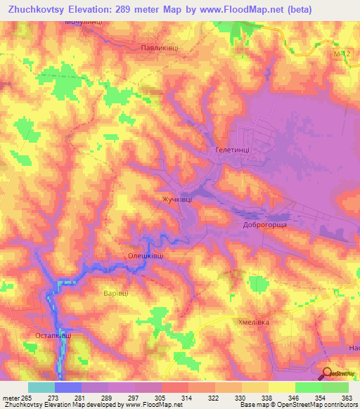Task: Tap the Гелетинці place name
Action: click(232, 150)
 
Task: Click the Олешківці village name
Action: click(146, 257)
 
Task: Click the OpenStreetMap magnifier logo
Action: click(326, 373)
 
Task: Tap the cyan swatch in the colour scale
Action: click(41, 387)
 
